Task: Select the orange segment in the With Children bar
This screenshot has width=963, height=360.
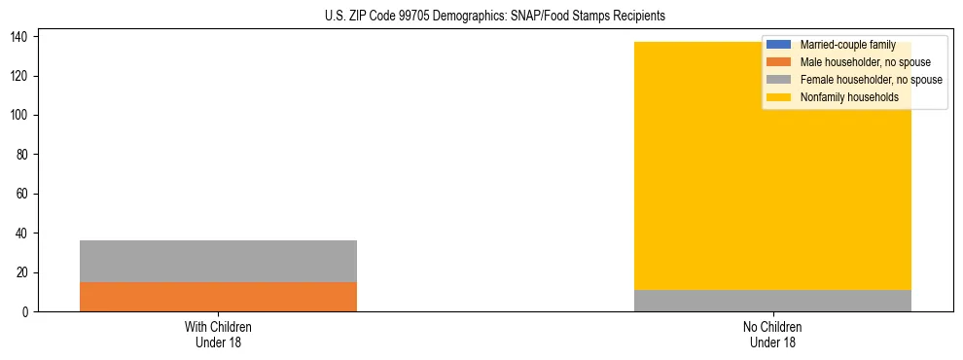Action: click(x=218, y=297)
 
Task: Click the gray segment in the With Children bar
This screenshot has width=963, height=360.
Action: click(x=218, y=261)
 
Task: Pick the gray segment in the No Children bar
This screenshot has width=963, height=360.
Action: click(x=772, y=301)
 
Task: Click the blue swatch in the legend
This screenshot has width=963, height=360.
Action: click(x=779, y=45)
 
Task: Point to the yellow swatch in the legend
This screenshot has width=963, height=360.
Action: click(x=779, y=97)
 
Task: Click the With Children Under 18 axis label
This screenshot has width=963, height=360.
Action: click(x=218, y=334)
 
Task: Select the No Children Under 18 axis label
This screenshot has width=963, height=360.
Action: click(x=772, y=334)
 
